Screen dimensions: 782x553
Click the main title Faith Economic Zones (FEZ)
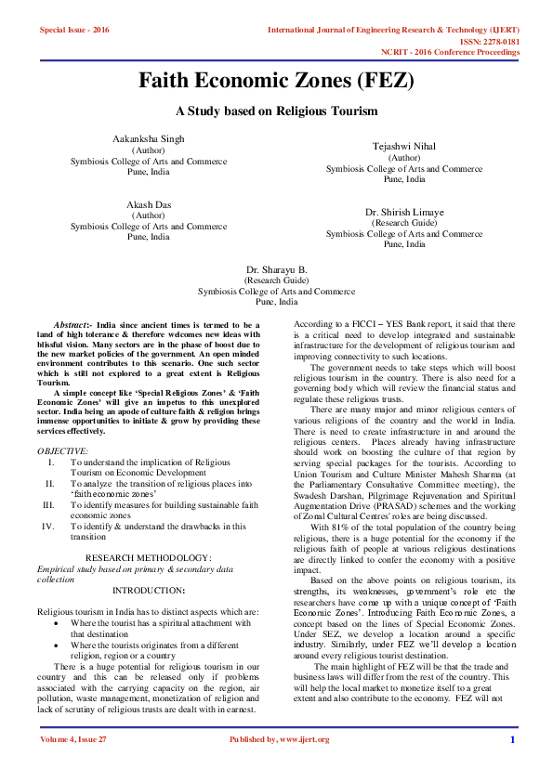[x=276, y=81]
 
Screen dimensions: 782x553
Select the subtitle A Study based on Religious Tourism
[x=276, y=111]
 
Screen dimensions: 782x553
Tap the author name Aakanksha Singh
[x=149, y=138]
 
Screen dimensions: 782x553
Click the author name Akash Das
[x=149, y=203]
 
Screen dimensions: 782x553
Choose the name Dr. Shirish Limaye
[x=404, y=212]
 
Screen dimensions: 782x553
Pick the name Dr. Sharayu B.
[x=277, y=268]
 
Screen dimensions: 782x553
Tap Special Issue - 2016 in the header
[x=74, y=30]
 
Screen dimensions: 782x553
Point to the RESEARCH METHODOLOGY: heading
[x=149, y=557]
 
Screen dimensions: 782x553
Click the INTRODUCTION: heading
[x=149, y=590]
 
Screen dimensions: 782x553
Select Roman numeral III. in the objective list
[x=48, y=504]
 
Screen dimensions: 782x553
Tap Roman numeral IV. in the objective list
[x=48, y=526]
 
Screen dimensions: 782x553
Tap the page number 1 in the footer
[x=512, y=739]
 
